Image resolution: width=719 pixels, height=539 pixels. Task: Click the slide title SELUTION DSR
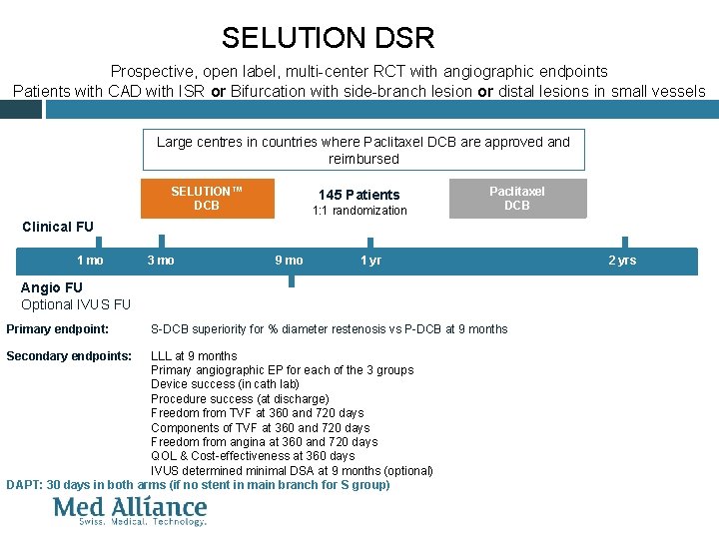pos(328,38)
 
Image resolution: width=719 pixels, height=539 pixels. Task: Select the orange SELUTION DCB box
pos(207,198)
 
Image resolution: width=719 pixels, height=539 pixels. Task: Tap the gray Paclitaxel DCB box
pos(516,198)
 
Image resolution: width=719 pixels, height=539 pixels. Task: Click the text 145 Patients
pos(359,195)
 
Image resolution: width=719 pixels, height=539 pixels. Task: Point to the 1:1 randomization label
pos(359,211)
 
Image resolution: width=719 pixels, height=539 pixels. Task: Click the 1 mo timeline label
pos(90,261)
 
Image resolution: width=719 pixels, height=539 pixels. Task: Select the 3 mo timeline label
pos(160,261)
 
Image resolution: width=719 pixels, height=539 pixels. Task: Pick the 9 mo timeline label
pos(289,261)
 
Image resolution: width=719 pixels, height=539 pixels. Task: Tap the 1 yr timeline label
pos(370,261)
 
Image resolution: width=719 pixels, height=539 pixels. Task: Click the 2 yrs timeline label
pos(622,261)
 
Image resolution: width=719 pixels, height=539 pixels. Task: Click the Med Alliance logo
pos(130,510)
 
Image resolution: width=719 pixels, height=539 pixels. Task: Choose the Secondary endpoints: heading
pos(69,356)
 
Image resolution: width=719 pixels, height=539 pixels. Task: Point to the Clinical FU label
pos(58,227)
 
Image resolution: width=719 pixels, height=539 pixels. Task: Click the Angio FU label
pos(52,288)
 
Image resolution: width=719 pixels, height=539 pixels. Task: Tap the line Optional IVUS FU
pos(76,304)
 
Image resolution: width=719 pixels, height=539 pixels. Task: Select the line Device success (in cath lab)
pos(225,384)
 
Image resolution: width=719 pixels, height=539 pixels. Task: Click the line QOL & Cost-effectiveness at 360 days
pos(253,456)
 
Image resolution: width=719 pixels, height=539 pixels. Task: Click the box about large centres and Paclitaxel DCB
pos(362,150)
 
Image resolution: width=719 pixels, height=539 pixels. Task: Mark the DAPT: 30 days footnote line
pos(198,485)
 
